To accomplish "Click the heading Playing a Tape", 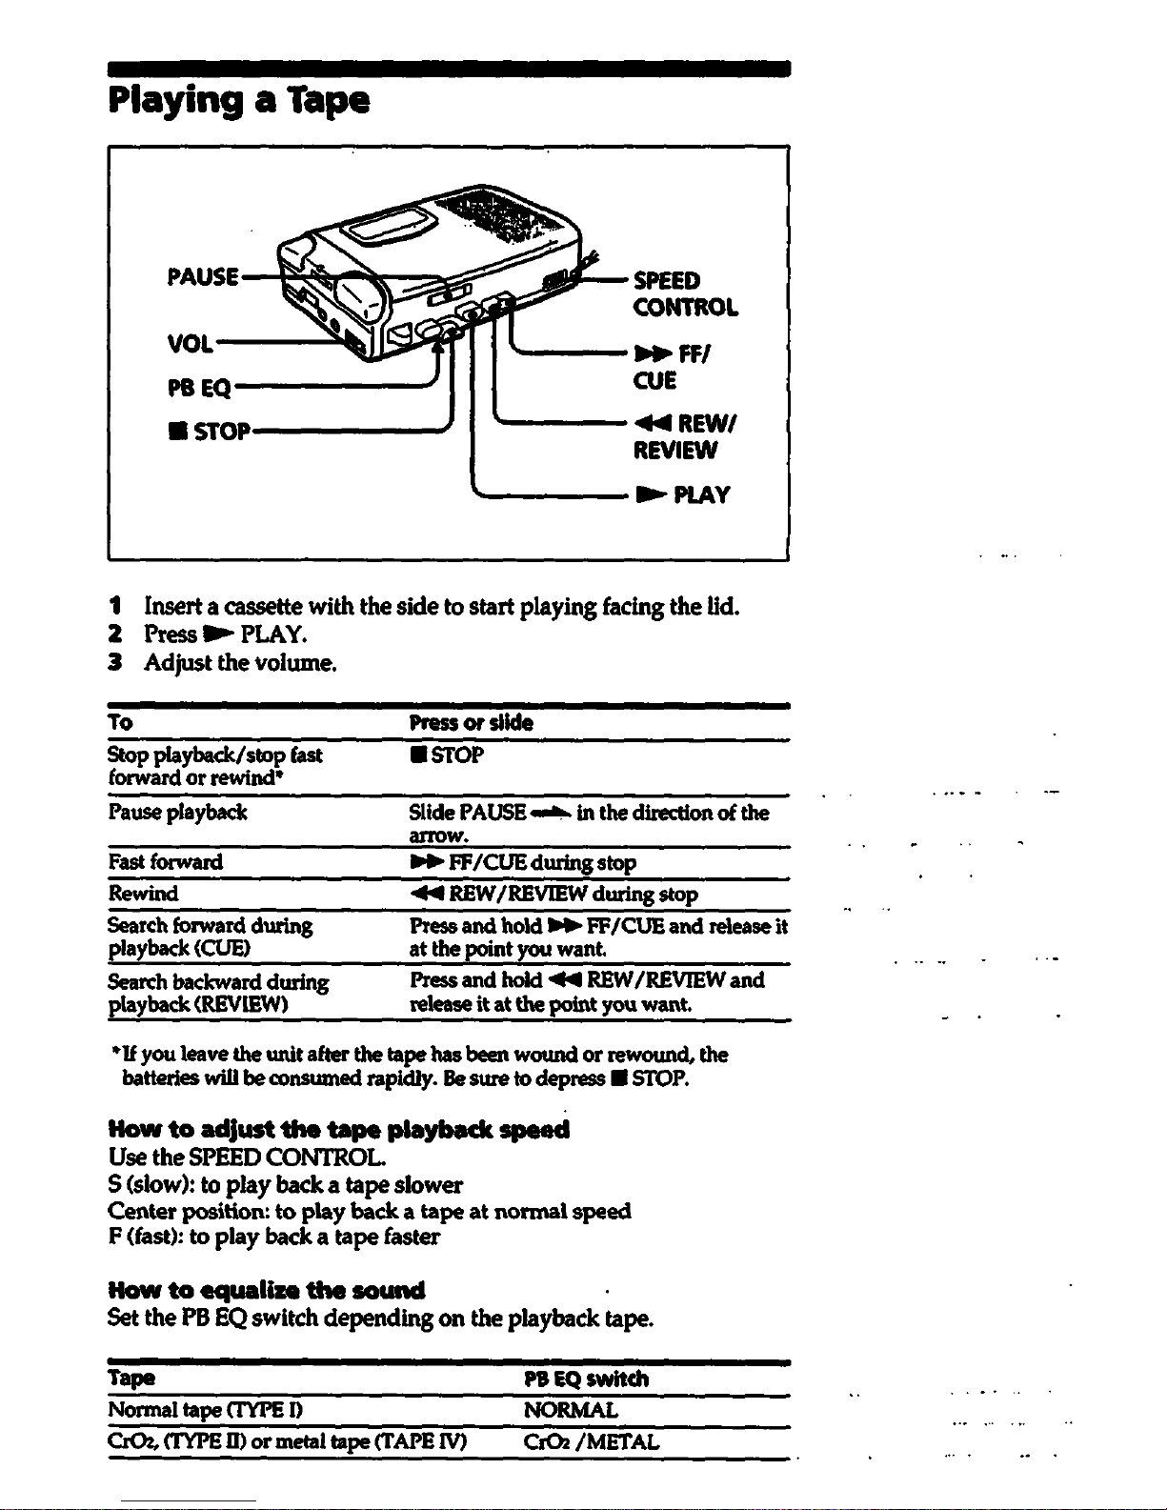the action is pyautogui.click(x=239, y=101).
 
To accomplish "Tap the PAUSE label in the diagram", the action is pyautogui.click(x=203, y=276).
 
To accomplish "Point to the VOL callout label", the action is pyautogui.click(x=191, y=343).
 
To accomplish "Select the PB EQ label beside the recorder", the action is pyautogui.click(x=199, y=388).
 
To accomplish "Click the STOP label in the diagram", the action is pyautogui.click(x=209, y=432).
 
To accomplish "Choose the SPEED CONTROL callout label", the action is pyautogui.click(x=685, y=294).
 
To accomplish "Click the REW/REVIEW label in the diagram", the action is pyautogui.click(x=685, y=436).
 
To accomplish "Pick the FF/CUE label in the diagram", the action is pyautogui.click(x=672, y=367).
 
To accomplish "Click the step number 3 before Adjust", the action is pyautogui.click(x=115, y=662).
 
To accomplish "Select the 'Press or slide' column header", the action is pyautogui.click(x=471, y=723).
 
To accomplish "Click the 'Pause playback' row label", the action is pyautogui.click(x=178, y=812).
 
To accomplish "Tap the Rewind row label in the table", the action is pyautogui.click(x=143, y=893).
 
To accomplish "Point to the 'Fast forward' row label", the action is pyautogui.click(x=166, y=861).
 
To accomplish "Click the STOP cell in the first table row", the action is pyautogui.click(x=447, y=755).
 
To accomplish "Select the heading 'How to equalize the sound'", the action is pyautogui.click(x=267, y=1291).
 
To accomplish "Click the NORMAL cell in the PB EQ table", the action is pyautogui.click(x=571, y=1410).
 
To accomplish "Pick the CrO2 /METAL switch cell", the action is pyautogui.click(x=592, y=1442).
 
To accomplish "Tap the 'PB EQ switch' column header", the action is pyautogui.click(x=586, y=1379).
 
